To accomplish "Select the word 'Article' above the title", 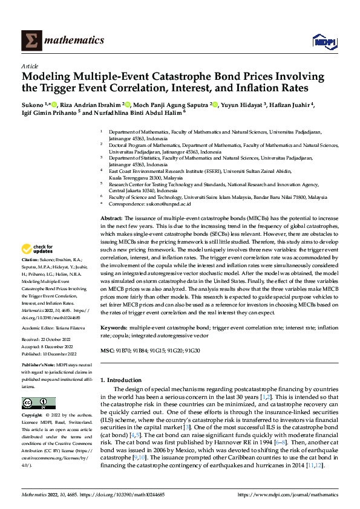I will click(29, 66).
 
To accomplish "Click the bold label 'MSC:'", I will click(106, 351).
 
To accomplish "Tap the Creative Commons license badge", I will click(35, 403).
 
